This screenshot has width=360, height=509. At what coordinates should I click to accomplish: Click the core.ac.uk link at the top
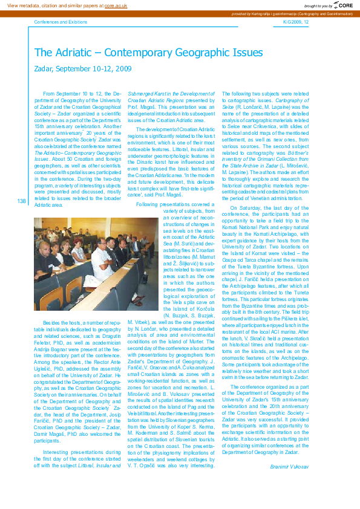[x=116, y=5]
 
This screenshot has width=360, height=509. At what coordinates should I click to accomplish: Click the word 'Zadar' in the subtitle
[x=44, y=69]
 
